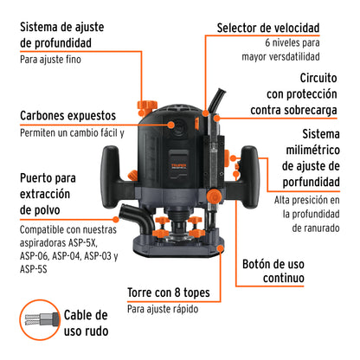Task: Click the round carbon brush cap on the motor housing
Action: click(182, 131)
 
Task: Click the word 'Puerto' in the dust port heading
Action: click(39, 178)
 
